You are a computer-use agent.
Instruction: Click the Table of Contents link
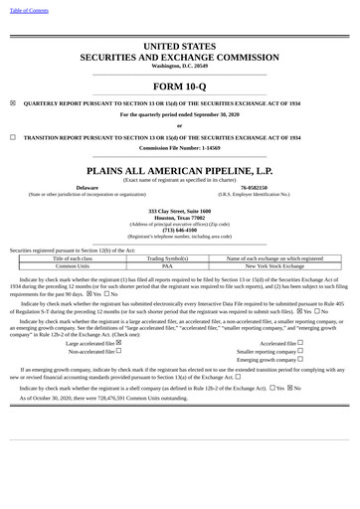pos(28,9)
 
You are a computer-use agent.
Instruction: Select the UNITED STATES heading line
pos(179,47)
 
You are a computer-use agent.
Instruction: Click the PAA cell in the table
pos(167,266)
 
